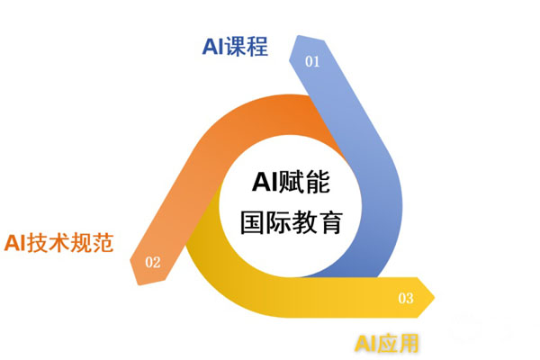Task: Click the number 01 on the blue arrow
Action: click(312, 62)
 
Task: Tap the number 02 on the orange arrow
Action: click(153, 263)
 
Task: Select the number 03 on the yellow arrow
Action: click(406, 298)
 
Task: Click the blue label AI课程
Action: click(235, 47)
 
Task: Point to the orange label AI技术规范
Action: click(58, 242)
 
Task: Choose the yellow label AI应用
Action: click(386, 343)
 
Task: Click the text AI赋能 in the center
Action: click(292, 182)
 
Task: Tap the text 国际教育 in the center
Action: click(292, 222)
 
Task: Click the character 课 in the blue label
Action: click(236, 47)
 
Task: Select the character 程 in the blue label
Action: click(257, 47)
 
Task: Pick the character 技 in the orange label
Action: click(38, 242)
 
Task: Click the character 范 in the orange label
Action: click(103, 242)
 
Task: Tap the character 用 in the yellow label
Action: click(408, 343)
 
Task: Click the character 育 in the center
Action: click(330, 222)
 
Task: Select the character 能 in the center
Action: click(318, 182)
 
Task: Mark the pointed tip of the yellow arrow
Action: click(435, 297)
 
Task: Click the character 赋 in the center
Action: click(292, 182)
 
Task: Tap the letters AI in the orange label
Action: click(15, 243)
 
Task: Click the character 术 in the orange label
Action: click(59, 242)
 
